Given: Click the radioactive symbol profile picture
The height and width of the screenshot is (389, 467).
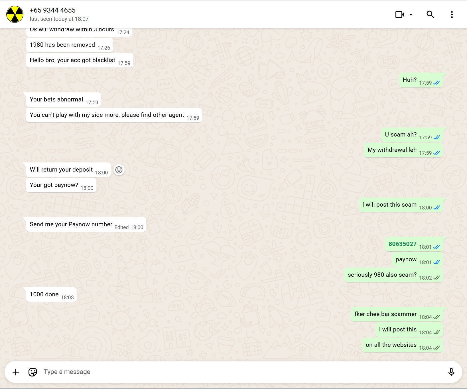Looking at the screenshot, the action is coord(15,14).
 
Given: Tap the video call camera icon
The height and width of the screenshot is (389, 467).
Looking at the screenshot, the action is coord(399,15).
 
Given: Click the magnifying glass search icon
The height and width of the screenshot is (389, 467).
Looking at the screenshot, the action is coord(430,15).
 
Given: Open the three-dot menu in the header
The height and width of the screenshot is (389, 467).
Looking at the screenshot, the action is coord(452,15).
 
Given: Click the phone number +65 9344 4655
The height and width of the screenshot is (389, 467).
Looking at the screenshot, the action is coord(53,10).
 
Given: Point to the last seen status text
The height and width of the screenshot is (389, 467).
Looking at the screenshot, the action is coord(59,19).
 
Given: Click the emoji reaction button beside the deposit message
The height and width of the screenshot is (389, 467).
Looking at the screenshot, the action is coord(119,170).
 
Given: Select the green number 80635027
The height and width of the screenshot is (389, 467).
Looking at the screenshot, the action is coord(402,244).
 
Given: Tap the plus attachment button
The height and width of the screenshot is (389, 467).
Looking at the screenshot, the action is coord(16,372).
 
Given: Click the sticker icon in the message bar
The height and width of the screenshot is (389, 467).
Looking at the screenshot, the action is coord(33,372).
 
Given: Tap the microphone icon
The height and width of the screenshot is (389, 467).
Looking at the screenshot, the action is coord(451,372).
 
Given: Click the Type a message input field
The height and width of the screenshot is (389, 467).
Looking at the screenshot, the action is coord(228,372).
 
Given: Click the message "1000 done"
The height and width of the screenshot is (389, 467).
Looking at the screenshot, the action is coord(44,294).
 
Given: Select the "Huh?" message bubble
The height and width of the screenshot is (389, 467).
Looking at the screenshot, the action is coord(409,80).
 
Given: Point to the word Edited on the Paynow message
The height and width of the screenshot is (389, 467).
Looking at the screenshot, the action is coord(121,227).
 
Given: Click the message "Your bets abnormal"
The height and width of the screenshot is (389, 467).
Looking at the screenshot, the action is coord(56,99).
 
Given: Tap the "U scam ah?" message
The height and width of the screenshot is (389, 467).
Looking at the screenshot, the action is coord(401,135).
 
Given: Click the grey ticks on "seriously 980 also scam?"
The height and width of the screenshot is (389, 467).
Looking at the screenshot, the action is coord(436,278).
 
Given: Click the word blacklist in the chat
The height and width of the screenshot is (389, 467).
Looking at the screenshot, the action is coord(104,60).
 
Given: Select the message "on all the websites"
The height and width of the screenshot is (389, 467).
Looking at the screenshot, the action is coord(391,345).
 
